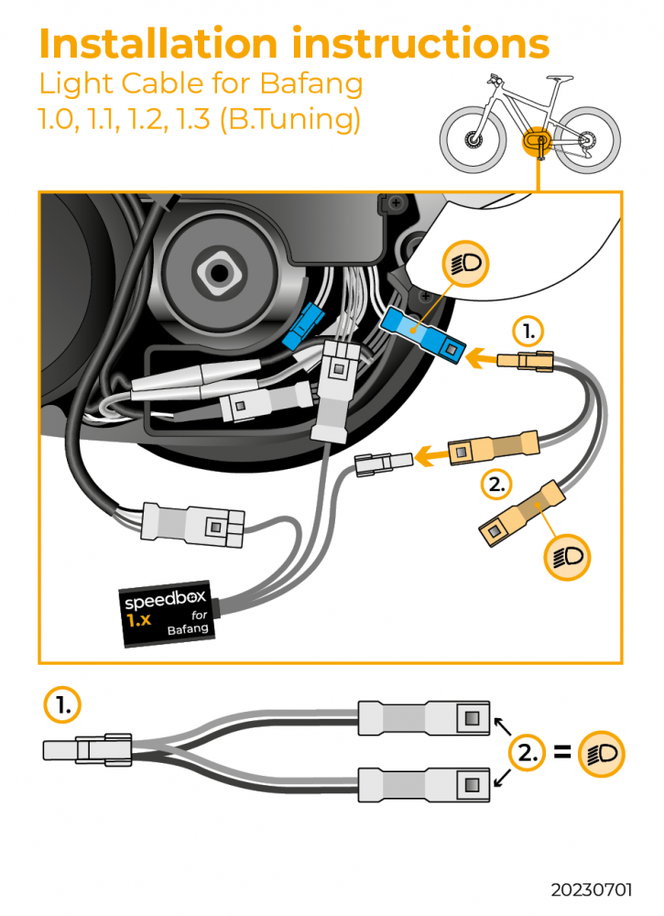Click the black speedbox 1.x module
tap(169, 613)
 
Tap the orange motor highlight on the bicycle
tap(534, 142)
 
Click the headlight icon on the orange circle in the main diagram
tap(567, 555)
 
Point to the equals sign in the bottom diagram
tap(563, 754)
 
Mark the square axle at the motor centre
tap(220, 271)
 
